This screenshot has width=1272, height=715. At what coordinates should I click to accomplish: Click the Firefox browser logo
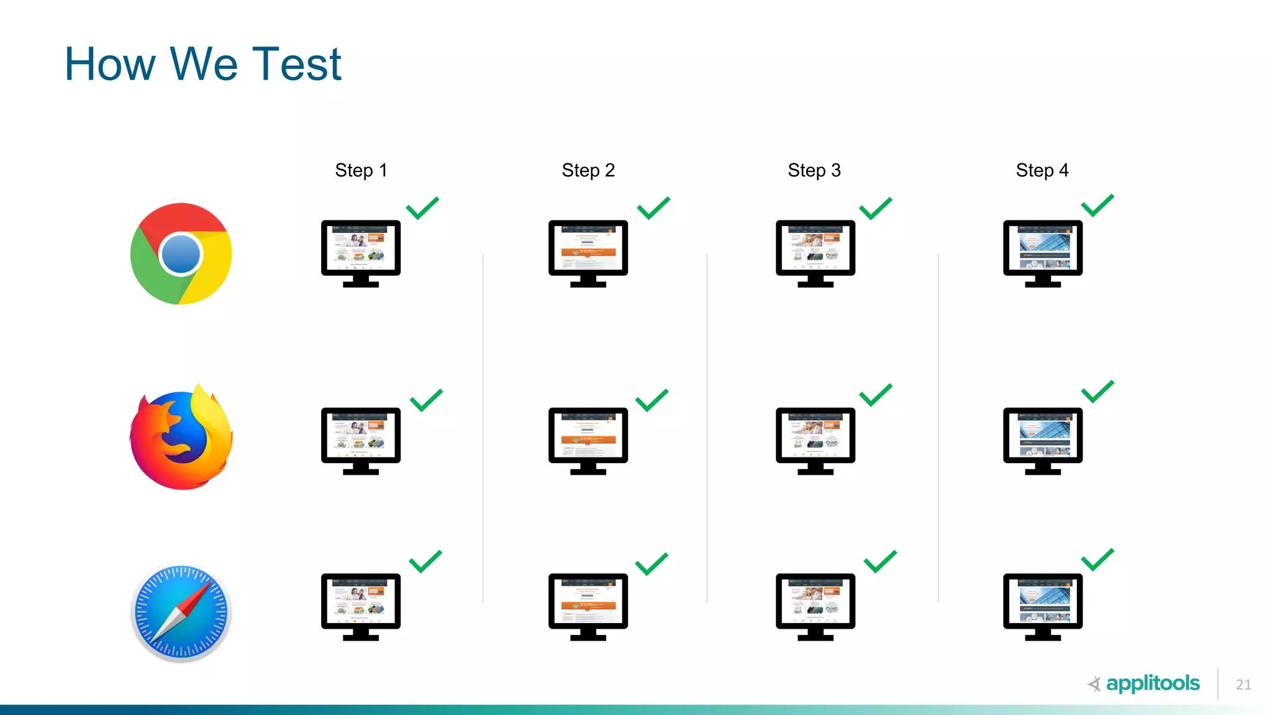click(181, 438)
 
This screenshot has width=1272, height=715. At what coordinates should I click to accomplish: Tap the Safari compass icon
click(181, 611)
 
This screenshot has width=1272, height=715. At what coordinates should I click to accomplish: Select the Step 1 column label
click(361, 170)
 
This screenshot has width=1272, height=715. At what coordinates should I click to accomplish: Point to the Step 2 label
click(588, 170)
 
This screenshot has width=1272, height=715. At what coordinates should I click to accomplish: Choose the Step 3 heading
click(814, 170)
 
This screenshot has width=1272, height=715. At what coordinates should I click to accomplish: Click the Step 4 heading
click(1042, 170)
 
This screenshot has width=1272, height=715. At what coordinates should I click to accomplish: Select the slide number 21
click(1243, 685)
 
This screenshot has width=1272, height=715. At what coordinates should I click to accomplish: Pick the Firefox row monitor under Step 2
click(588, 438)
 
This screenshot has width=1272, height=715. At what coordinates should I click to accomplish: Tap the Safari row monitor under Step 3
click(815, 604)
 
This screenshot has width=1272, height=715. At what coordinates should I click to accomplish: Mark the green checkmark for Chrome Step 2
click(653, 209)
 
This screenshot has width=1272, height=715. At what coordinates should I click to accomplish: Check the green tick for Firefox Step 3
click(875, 395)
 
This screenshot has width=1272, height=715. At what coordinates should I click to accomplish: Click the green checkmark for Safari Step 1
click(425, 562)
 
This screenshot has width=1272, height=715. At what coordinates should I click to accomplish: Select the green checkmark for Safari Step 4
click(1097, 560)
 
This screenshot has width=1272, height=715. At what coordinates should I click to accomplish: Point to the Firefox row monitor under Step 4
click(1042, 438)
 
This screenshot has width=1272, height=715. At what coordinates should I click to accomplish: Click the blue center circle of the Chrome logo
click(180, 254)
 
